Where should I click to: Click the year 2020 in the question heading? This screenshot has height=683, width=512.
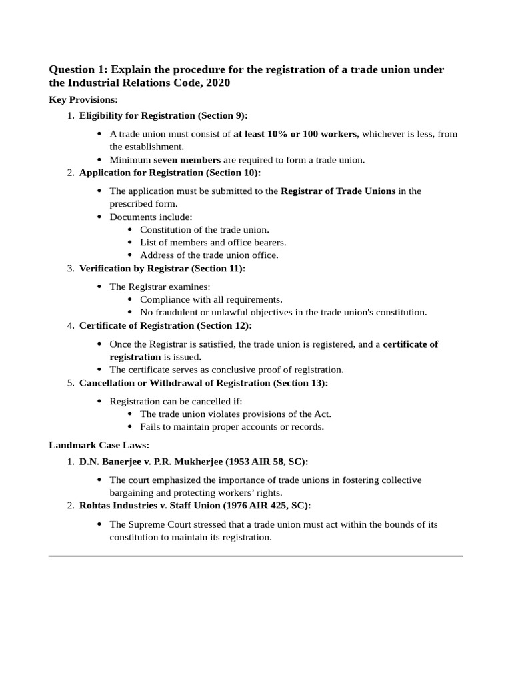217,83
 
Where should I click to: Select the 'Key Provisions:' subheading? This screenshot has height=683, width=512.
83,100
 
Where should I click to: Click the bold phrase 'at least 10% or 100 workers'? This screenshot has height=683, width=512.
295,134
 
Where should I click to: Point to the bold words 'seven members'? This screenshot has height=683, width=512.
187,160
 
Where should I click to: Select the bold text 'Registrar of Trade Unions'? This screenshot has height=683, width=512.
338,191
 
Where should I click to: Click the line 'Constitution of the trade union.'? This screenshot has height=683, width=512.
205,230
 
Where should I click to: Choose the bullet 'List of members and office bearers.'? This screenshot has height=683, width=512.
213,243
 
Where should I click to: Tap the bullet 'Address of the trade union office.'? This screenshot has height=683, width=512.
209,255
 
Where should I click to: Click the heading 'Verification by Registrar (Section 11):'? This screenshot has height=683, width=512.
162,269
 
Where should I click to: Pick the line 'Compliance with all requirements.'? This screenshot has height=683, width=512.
211,300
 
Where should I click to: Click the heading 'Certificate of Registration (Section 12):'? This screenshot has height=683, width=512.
165,326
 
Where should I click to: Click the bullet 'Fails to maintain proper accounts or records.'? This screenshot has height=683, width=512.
231,427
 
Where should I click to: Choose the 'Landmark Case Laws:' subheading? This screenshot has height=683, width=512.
99,445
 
